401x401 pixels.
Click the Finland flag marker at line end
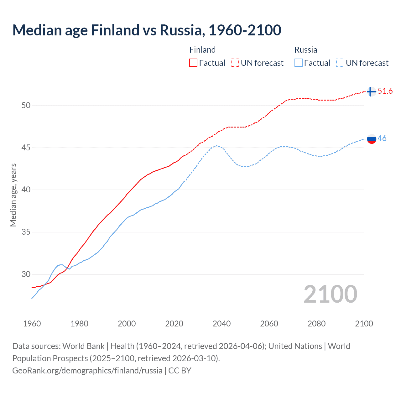[371, 91]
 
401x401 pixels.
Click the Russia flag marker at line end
[371, 139]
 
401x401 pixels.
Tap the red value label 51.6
[385, 91]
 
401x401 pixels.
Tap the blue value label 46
[382, 138]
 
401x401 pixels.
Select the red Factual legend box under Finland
[193, 63]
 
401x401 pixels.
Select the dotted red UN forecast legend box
[235, 63]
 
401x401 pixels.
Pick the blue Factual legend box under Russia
[299, 63]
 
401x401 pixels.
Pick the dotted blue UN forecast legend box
[340, 63]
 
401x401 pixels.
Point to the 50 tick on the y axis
[26, 105]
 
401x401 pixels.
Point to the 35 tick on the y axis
[26, 232]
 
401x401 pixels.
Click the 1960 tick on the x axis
[32, 324]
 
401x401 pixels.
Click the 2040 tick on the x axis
[221, 324]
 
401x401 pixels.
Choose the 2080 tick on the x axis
[316, 324]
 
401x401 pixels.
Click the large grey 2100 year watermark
[330, 294]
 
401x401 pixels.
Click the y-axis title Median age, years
[13, 195]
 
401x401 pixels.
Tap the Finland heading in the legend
[202, 50]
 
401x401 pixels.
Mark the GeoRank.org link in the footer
[87, 370]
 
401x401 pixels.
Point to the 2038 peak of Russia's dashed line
[216, 146]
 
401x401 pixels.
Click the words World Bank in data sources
[83, 346]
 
